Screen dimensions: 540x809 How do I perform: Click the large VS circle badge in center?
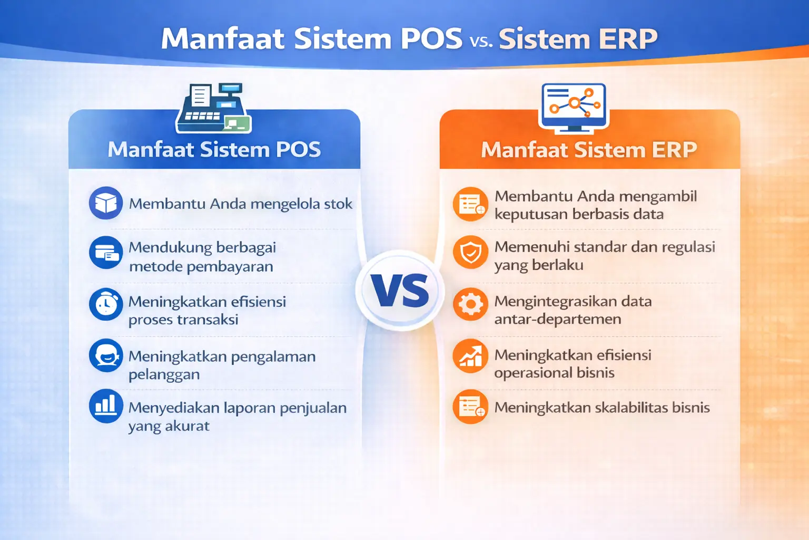click(400, 291)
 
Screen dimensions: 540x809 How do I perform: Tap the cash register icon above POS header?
click(214, 108)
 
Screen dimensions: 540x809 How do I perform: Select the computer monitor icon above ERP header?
click(574, 107)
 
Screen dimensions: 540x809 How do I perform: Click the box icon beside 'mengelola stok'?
click(106, 203)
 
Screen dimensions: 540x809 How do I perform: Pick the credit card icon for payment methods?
click(106, 253)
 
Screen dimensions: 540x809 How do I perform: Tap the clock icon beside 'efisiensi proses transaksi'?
click(106, 304)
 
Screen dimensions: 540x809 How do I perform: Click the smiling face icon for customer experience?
click(106, 355)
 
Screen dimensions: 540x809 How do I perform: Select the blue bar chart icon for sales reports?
click(106, 406)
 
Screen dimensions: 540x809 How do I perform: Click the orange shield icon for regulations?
click(470, 252)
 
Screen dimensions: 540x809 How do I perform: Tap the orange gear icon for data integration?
click(470, 304)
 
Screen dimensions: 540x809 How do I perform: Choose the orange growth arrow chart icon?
click(470, 356)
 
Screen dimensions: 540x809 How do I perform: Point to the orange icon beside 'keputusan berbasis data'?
click(470, 204)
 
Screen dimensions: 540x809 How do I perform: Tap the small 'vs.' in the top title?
click(481, 41)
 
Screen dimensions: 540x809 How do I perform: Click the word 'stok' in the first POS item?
click(338, 204)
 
